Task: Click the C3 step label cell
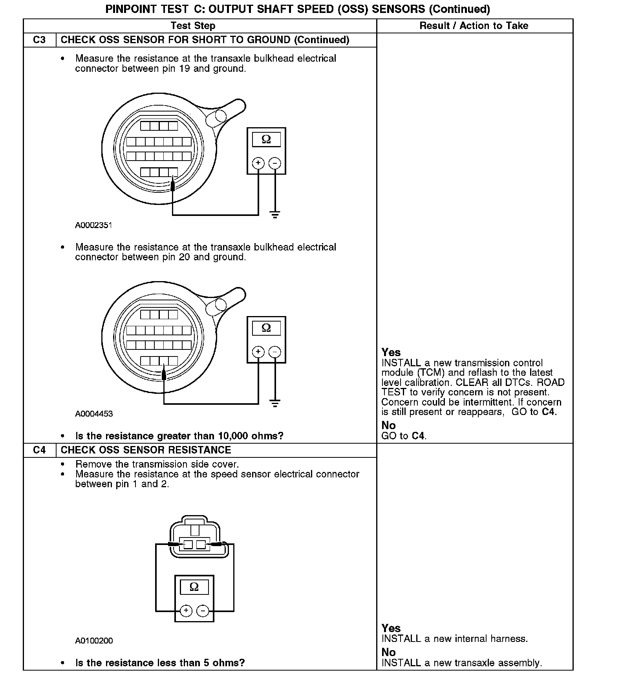click(39, 40)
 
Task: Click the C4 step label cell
click(39, 450)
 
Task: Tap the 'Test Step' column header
click(193, 26)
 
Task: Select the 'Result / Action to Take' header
click(474, 26)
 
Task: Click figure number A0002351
click(94, 225)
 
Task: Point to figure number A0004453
click(94, 414)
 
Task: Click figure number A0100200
click(94, 641)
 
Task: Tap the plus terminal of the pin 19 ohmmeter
click(258, 163)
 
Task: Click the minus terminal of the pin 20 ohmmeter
click(275, 352)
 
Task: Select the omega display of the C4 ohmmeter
click(194, 587)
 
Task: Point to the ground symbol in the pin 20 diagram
click(275, 403)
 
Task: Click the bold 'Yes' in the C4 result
click(391, 628)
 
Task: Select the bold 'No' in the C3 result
click(388, 425)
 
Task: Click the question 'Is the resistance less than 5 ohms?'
click(160, 663)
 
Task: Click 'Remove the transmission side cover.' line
click(157, 464)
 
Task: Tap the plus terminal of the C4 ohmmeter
click(186, 611)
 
